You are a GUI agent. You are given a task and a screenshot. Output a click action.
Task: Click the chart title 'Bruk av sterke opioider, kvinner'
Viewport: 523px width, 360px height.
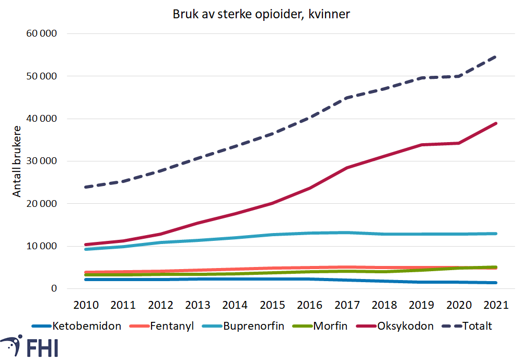[261, 15]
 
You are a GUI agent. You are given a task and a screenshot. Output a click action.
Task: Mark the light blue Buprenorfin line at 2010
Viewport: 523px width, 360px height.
[85, 249]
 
